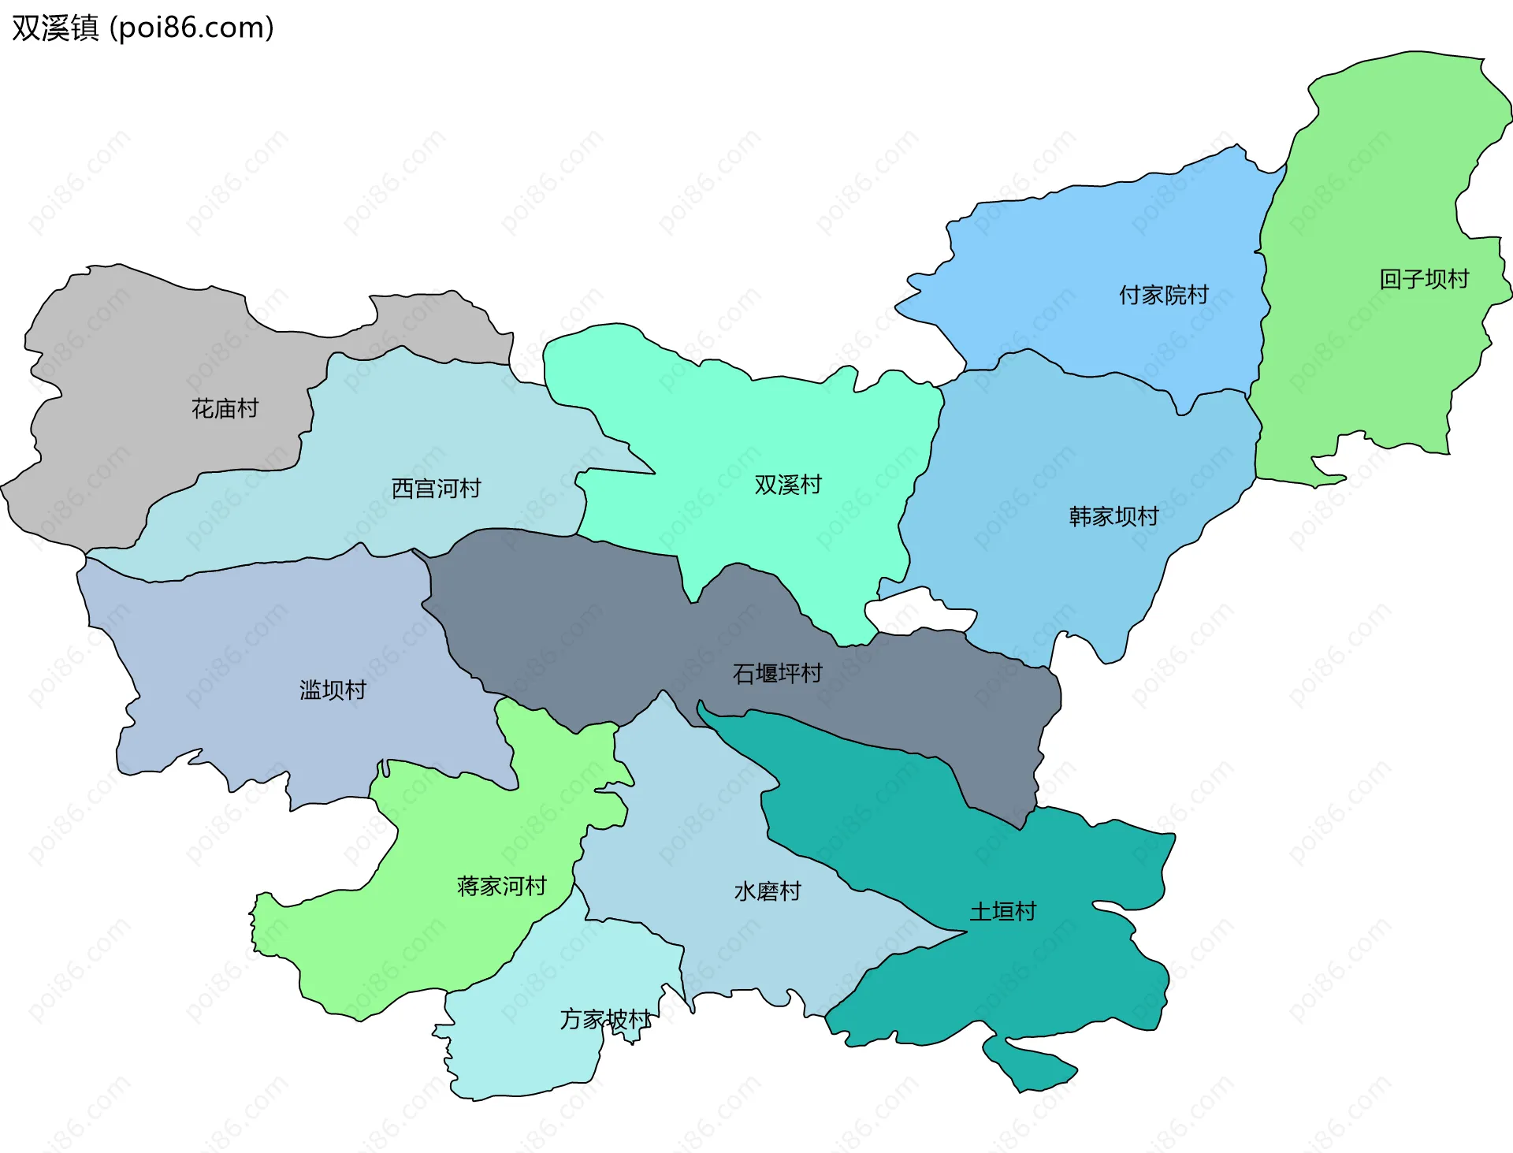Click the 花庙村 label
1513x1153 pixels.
pos(225,408)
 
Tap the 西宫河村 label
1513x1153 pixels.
pos(436,489)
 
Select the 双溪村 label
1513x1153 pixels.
pos(788,485)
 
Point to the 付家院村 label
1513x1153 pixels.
pos(1164,295)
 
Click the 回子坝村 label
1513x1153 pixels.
pos(1424,279)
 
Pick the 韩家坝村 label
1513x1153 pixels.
pos(1113,516)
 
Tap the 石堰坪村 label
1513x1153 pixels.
pos(777,673)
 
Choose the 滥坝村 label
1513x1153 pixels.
pos(333,690)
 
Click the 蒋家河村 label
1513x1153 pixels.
pos(502,886)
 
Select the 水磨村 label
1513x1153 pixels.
pos(768,891)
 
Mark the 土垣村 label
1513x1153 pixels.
pos(1002,912)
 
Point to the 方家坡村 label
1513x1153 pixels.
pos(605,1019)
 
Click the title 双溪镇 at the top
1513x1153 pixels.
pos(55,28)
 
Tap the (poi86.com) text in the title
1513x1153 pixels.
pos(191,28)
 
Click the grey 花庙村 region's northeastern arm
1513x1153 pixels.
pos(441,323)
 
